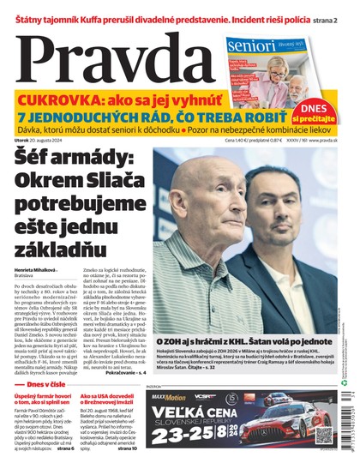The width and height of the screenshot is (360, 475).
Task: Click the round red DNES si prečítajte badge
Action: pos(318,111)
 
